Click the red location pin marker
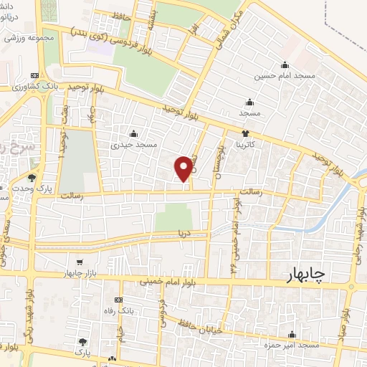click(183, 168)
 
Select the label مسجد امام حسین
click(285, 75)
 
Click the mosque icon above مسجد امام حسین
click(285, 65)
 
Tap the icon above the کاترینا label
click(246, 133)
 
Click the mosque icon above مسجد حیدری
click(133, 133)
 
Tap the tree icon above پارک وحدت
click(32, 177)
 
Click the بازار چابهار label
click(80, 273)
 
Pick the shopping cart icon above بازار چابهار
click(80, 262)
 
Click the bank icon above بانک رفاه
click(118, 300)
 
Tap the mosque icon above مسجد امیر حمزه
click(291, 334)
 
